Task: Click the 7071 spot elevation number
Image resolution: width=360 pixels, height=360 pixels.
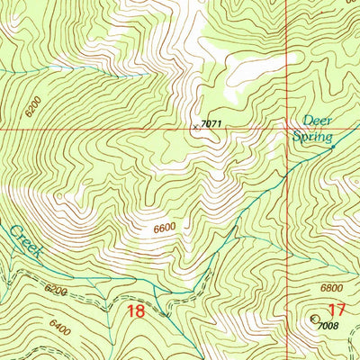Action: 211,122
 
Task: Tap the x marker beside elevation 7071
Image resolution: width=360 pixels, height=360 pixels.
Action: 194,127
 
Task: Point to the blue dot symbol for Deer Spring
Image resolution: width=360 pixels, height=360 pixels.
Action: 334,146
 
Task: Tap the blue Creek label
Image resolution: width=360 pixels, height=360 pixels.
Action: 24,243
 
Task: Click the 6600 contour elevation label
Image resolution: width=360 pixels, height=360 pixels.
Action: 164,229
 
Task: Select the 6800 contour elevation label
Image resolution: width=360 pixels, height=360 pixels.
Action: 331,287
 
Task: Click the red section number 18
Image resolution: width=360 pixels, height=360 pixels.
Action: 137,311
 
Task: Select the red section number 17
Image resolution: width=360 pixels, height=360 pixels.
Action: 336,311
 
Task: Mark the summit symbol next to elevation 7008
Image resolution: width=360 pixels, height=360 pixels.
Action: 314,319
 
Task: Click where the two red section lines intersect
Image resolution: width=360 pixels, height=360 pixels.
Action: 287,128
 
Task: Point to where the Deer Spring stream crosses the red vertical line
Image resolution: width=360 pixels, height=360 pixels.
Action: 287,175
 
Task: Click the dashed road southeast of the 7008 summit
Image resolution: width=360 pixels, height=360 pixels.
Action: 346,346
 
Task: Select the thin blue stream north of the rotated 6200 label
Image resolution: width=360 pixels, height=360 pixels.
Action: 36,68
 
